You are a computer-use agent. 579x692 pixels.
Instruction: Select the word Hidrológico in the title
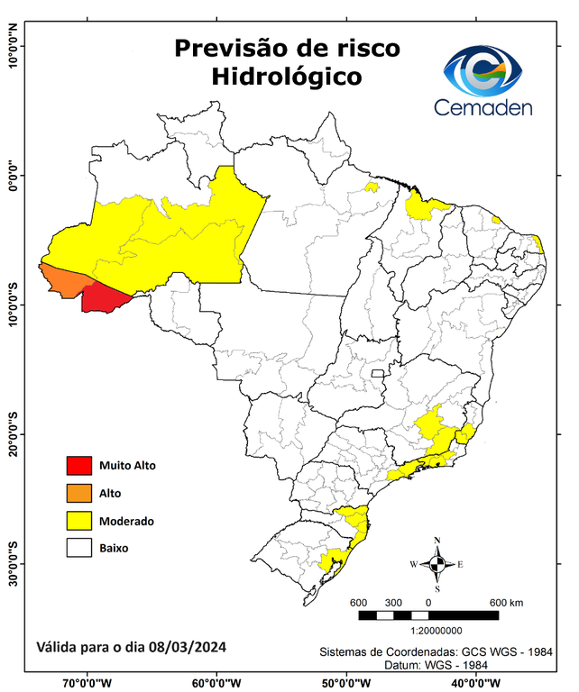(286, 77)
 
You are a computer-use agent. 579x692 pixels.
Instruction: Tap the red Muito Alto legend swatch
(79, 466)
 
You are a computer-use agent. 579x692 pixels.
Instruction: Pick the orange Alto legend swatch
(79, 493)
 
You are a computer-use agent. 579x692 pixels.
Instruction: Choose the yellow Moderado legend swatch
(79, 520)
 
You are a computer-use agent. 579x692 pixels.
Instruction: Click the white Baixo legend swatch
(79, 547)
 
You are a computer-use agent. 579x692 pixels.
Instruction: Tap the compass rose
(437, 564)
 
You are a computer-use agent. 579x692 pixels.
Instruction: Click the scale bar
(428, 615)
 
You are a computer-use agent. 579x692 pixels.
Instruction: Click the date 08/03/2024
(188, 647)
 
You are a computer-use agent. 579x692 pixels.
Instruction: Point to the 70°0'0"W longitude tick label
(87, 683)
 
